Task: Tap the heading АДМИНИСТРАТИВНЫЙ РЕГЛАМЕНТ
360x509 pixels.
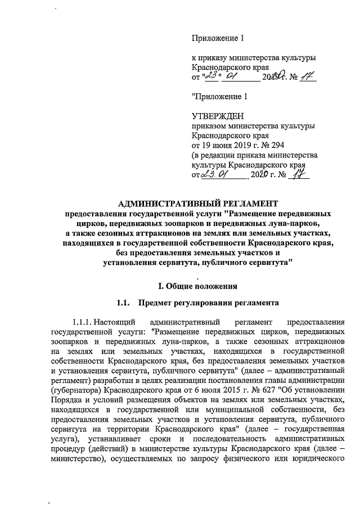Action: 199,204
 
